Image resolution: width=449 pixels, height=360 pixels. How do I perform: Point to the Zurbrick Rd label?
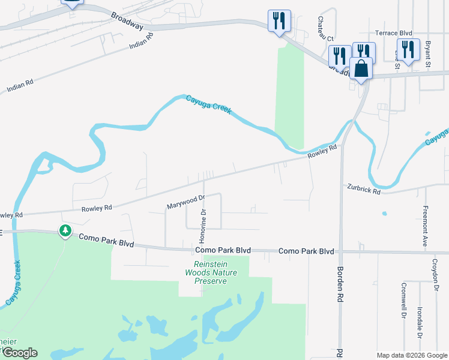tap(364, 190)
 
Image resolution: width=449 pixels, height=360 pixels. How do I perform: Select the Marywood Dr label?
tap(186, 202)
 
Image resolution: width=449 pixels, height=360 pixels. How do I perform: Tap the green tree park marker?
tap(65, 230)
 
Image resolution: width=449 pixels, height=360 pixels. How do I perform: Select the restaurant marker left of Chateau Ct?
tap(279, 21)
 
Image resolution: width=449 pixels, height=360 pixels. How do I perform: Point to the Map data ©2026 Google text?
tap(411, 355)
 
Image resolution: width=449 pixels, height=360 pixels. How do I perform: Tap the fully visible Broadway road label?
tap(127, 23)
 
